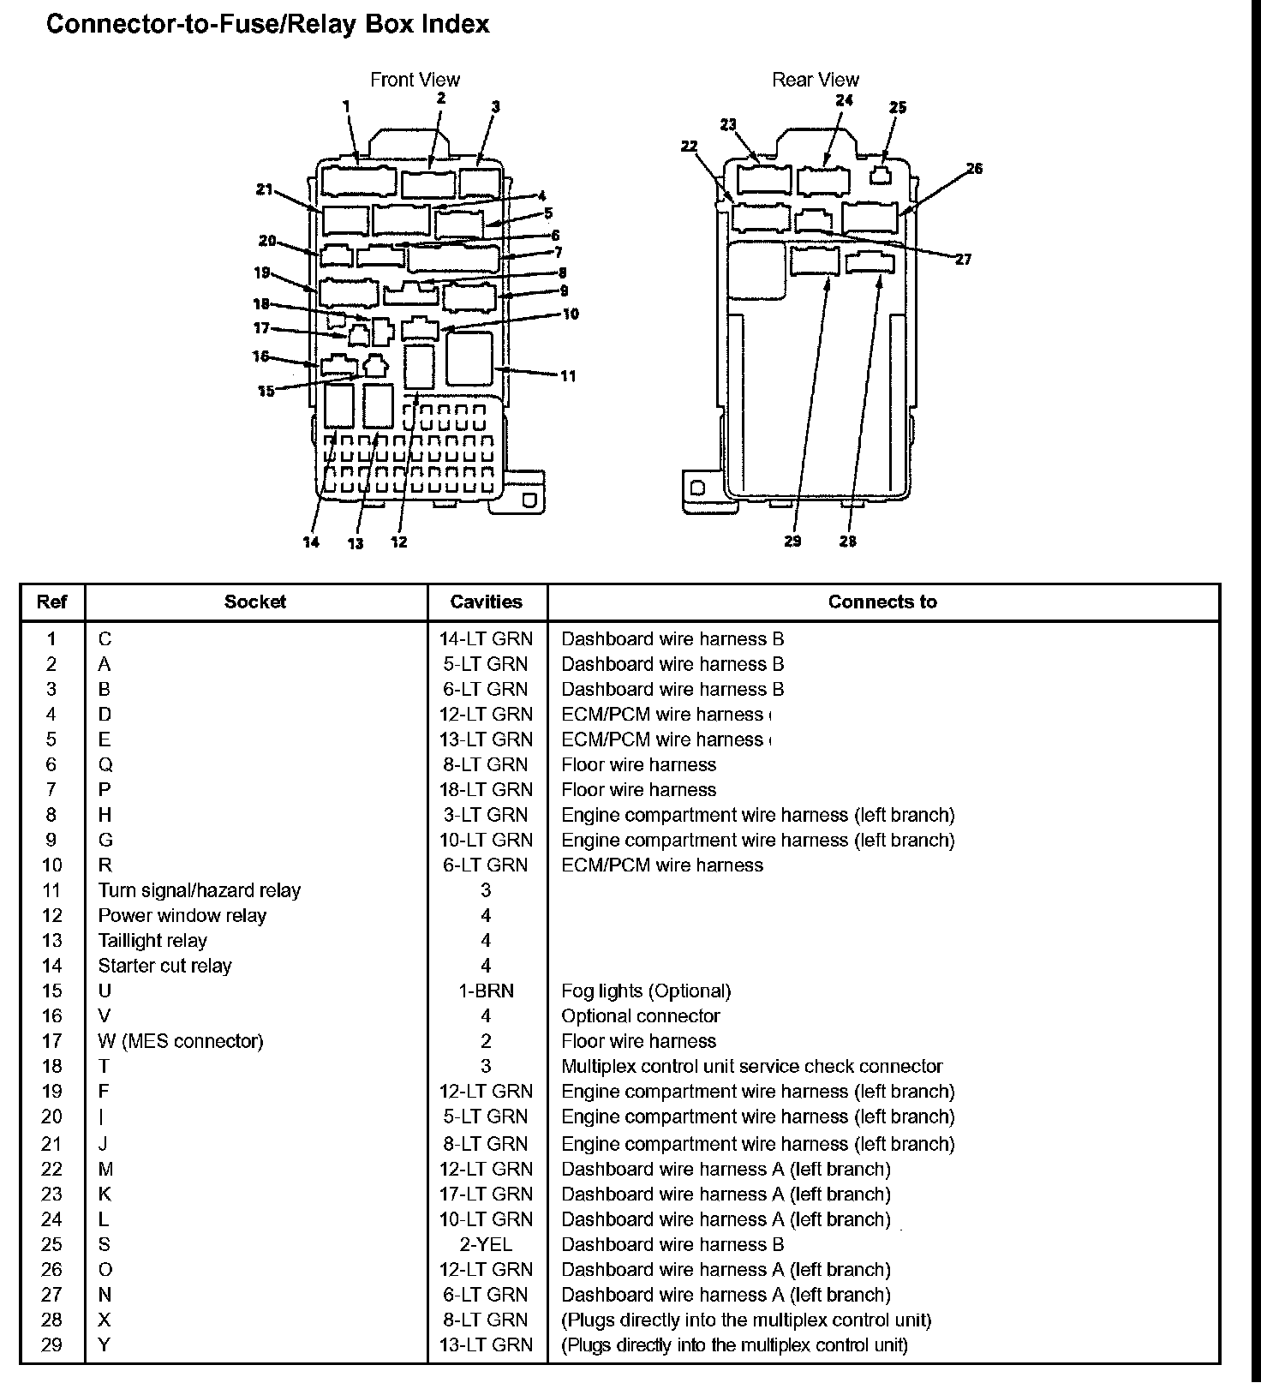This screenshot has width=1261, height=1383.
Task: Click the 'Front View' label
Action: pos(415,80)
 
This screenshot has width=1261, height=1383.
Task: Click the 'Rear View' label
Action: pos(815,80)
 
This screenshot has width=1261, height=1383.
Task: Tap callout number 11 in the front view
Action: pos(568,375)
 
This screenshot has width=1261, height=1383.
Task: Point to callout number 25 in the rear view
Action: pos(897,107)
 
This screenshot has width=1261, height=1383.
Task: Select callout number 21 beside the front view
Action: pos(264,189)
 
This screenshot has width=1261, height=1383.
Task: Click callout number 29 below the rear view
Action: pos(792,541)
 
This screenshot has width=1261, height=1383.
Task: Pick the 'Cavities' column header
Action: pos(486,602)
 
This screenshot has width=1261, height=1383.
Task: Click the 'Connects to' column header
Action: pos(882,602)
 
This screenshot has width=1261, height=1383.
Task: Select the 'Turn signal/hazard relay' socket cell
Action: pos(199,890)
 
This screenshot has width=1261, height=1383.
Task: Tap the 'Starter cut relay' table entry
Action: pos(164,966)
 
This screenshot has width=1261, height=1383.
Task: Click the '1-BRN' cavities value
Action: pos(486,991)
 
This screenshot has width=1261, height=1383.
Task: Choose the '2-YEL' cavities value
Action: pos(486,1244)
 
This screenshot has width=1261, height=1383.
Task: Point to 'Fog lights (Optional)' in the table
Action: pos(646,991)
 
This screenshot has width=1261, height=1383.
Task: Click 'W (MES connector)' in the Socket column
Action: pos(181,1041)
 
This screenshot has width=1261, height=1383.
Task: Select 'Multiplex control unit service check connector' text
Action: pos(751,1066)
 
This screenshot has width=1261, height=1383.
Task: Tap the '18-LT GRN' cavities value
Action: pos(486,789)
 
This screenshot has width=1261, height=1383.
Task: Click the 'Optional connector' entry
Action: pos(640,1015)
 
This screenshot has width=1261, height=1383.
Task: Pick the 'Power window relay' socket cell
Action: pos(182,915)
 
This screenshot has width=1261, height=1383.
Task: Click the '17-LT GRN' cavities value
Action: pos(486,1194)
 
